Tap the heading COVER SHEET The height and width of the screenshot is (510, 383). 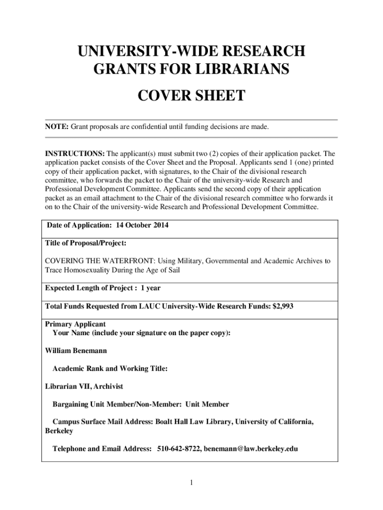[191, 95]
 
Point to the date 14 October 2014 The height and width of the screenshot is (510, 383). [142, 225]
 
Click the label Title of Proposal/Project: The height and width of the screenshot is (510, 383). [86, 243]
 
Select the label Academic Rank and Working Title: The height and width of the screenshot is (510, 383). [110, 369]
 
